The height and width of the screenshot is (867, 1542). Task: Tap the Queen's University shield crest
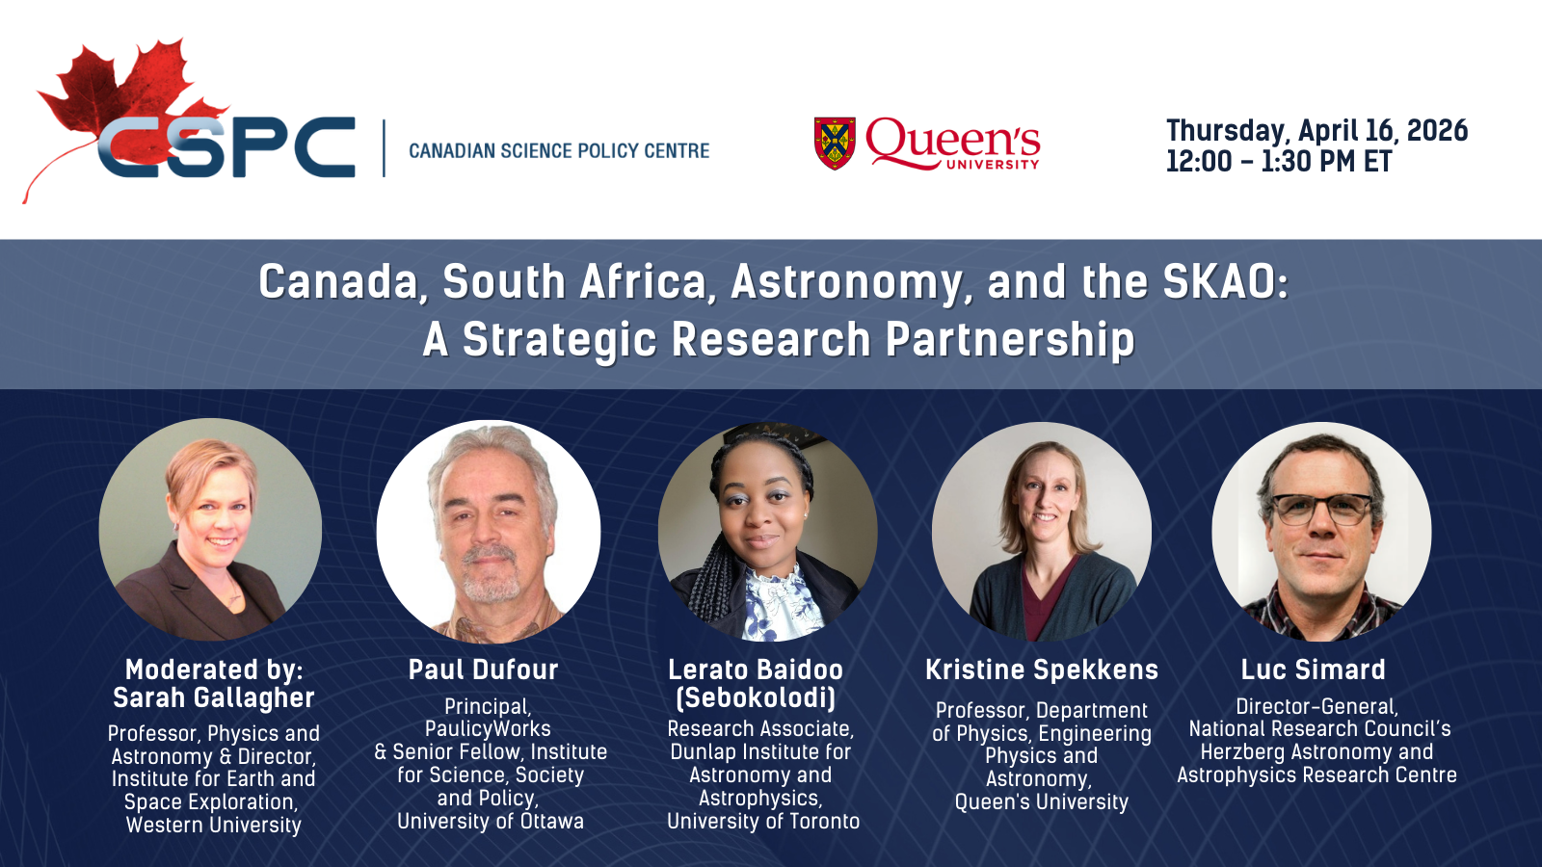pyautogui.click(x=835, y=144)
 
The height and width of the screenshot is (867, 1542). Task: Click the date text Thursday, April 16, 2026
pyautogui.click(x=1316, y=131)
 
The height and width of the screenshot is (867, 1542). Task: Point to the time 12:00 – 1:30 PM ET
pyautogui.click(x=1278, y=162)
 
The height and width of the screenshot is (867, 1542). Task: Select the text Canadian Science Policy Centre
pyautogui.click(x=559, y=150)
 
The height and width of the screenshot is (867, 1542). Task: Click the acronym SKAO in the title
pyautogui.click(x=1225, y=282)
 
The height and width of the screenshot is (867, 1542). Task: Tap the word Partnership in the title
pyautogui.click(x=1010, y=339)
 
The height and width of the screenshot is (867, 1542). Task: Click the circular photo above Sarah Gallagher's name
pyautogui.click(x=210, y=529)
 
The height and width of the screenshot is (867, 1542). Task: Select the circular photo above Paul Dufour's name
pyautogui.click(x=488, y=531)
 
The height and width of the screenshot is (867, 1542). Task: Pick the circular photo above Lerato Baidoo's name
pyautogui.click(x=767, y=531)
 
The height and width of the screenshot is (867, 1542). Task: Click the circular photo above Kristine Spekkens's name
pyautogui.click(x=1042, y=531)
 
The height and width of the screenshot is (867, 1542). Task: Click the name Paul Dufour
pyautogui.click(x=483, y=670)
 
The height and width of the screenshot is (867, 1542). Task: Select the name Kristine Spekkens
pyautogui.click(x=1042, y=670)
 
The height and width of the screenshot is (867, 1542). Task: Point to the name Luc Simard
pyautogui.click(x=1314, y=670)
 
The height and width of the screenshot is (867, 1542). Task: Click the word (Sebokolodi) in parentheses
pyautogui.click(x=756, y=697)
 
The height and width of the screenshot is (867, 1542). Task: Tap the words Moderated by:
pyautogui.click(x=214, y=670)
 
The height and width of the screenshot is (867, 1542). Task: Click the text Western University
pyautogui.click(x=214, y=825)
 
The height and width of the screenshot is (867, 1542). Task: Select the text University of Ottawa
pyautogui.click(x=491, y=821)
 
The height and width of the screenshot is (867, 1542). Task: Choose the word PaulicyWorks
pyautogui.click(x=488, y=728)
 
